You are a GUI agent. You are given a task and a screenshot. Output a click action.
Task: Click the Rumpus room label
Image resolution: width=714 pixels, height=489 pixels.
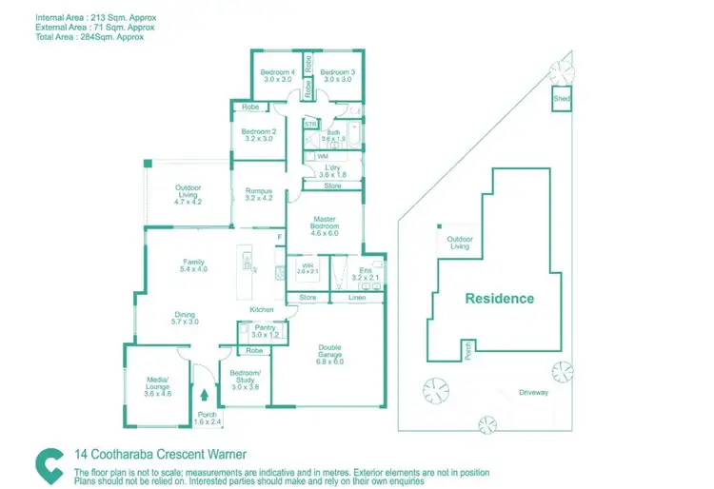coord(259,194)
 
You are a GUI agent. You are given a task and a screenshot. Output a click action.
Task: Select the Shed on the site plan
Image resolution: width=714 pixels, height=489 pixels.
coord(562,99)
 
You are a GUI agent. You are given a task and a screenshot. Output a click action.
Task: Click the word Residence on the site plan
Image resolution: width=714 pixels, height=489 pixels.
coord(500,298)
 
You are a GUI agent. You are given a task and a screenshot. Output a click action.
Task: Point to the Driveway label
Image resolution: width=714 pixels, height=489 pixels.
coord(534,392)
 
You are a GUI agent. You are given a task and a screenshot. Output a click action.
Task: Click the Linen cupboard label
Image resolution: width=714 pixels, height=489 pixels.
coord(356,299)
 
